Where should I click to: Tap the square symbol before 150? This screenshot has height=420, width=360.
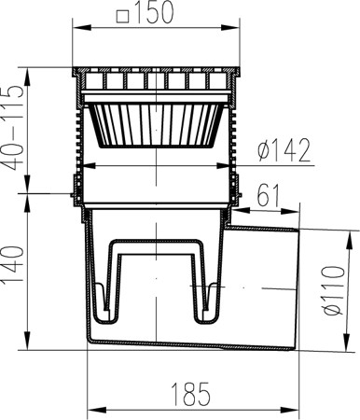[x=122, y=17]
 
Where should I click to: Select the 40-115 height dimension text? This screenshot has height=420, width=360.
[x=13, y=128]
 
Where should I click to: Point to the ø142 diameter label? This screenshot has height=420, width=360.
[x=284, y=150]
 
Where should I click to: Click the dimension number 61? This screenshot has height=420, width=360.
[x=269, y=195]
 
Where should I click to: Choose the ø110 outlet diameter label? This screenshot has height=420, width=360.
[x=334, y=290]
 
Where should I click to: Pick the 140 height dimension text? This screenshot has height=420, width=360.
[x=13, y=264]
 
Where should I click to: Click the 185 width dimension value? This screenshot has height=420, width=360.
[x=191, y=394]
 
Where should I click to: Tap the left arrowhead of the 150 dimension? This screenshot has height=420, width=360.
[x=82, y=28]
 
